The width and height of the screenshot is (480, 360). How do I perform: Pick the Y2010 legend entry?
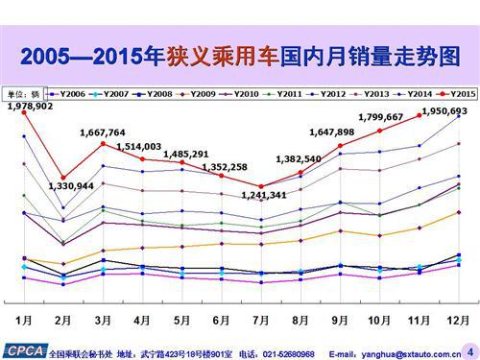click(242, 94)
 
